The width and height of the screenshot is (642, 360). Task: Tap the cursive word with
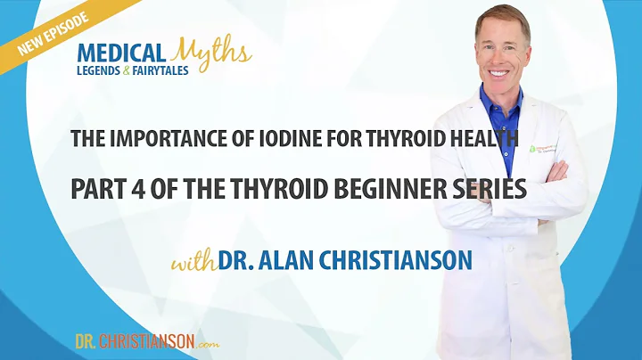196,263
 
